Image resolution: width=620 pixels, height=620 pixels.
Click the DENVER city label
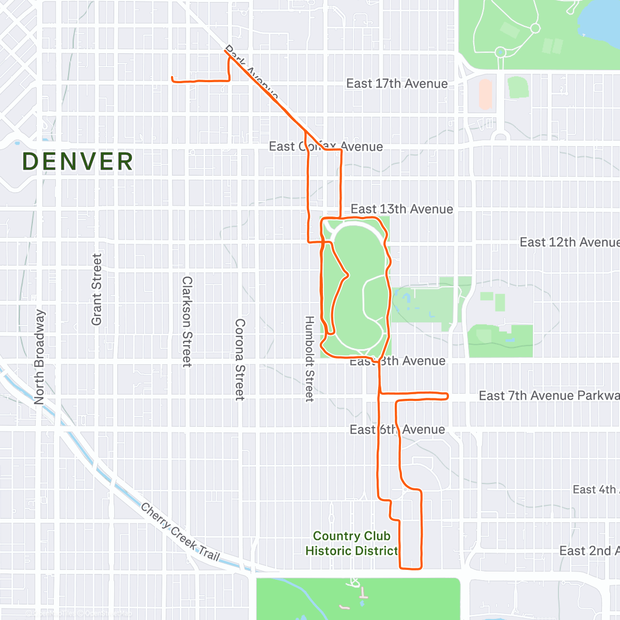[x=78, y=162]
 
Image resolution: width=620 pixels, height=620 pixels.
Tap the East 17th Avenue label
[x=397, y=84]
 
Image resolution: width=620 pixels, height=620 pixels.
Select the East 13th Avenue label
[x=401, y=209]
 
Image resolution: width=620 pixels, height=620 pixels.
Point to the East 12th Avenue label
[x=568, y=242]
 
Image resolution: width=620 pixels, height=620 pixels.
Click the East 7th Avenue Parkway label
[x=548, y=396]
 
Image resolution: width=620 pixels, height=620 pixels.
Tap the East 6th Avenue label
[x=397, y=430]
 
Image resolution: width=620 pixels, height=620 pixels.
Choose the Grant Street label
[x=97, y=289]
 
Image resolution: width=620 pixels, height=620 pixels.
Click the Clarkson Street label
[x=187, y=321]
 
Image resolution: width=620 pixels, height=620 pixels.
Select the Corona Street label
[x=240, y=359]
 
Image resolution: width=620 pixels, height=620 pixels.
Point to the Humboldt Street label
[x=309, y=359]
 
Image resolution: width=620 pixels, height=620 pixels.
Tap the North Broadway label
[x=39, y=357]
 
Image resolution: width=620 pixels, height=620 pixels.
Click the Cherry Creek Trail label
[x=180, y=533]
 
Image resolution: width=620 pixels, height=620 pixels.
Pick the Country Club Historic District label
[x=351, y=544]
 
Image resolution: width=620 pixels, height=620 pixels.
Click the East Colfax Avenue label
[x=326, y=147]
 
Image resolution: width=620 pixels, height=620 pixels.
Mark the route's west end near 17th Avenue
[x=173, y=78]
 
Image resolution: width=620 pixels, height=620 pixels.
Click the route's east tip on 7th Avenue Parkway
[x=447, y=396]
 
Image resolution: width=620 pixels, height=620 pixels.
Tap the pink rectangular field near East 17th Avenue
[x=485, y=94]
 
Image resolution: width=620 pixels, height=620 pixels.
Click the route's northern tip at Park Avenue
[x=226, y=50]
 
